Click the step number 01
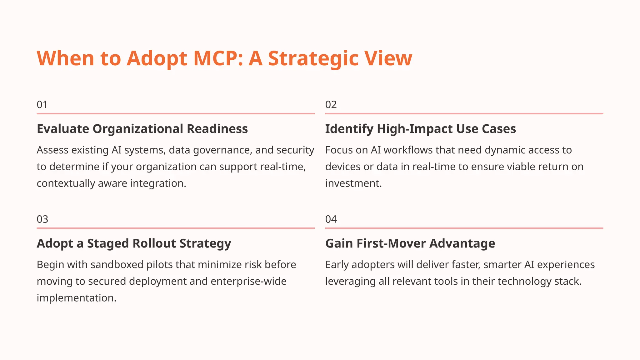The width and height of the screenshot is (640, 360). [42, 105]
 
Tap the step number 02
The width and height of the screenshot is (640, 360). [331, 105]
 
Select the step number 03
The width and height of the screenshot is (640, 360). [42, 219]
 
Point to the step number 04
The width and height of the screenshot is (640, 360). [331, 219]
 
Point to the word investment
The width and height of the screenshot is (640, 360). [353, 183]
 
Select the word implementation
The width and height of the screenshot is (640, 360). [76, 298]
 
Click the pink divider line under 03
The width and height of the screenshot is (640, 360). [176, 228]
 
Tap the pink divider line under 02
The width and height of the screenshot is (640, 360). [464, 113]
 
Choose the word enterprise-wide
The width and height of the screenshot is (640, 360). [248, 281]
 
